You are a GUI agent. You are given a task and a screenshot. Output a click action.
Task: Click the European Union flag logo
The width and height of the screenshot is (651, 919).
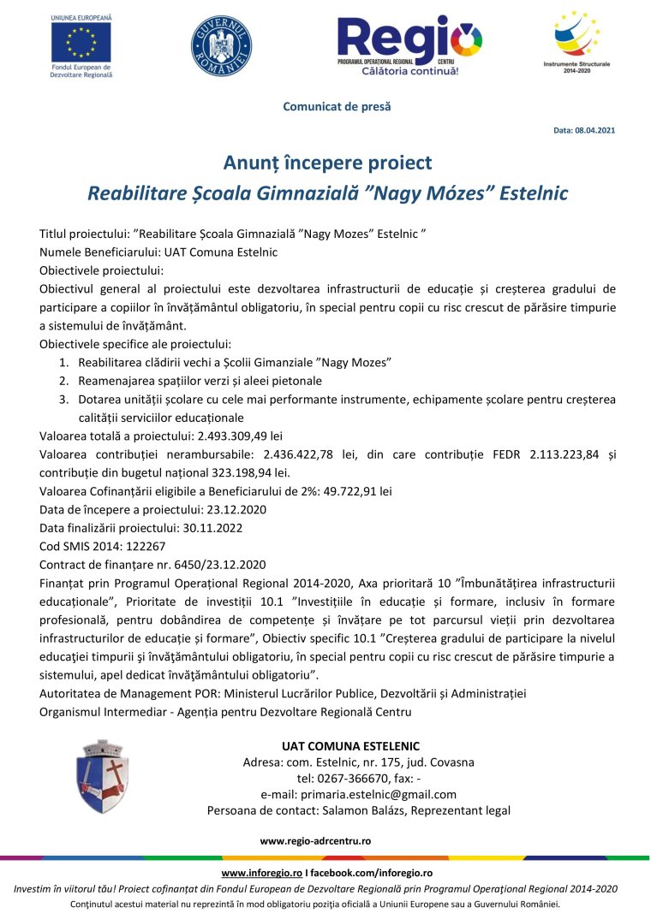tap(81, 43)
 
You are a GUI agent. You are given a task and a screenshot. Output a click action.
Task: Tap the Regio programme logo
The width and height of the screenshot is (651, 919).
tap(409, 44)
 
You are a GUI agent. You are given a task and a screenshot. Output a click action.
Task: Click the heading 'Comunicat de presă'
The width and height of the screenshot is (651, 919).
tap(325, 106)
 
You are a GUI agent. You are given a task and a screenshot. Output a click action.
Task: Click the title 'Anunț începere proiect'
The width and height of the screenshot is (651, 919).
tap(327, 163)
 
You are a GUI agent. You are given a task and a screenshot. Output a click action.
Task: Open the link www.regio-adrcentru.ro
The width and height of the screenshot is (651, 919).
tap(315, 841)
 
